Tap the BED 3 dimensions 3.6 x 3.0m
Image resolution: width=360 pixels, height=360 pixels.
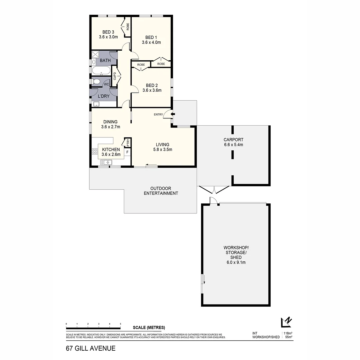108,37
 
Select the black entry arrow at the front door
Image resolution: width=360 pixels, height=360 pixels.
172,115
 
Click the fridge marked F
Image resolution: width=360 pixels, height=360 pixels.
127,152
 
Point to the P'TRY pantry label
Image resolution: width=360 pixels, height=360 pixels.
127,142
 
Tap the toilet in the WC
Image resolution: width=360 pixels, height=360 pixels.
96,82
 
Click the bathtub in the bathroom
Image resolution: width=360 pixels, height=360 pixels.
101,71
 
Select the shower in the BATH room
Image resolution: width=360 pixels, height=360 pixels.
95,55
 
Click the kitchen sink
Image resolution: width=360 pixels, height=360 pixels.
107,162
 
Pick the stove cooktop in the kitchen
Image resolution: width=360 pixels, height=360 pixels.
94,152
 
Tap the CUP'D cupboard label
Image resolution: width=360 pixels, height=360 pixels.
115,76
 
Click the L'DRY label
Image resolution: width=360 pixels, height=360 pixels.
104,96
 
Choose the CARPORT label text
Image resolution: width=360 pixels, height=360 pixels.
234,140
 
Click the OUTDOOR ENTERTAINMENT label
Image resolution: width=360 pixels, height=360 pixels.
161,191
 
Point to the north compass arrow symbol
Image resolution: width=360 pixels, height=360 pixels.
286,322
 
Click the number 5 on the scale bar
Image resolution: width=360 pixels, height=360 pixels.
120,324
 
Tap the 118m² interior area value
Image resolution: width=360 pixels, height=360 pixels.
288,333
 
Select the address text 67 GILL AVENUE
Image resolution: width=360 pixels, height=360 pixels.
91,348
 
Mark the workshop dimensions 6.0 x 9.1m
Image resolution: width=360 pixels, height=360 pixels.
236,262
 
